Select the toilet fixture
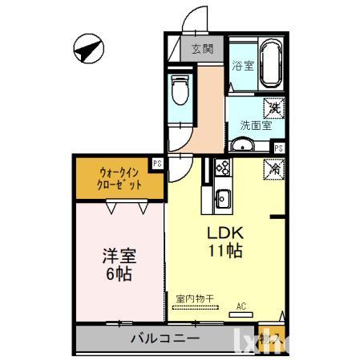pyautogui.click(x=180, y=91)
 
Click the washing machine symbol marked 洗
pyautogui.click(x=274, y=107)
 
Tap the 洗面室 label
pyautogui.click(x=255, y=125)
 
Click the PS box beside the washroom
pyautogui.click(x=279, y=148)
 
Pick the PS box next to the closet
pyautogui.click(x=158, y=163)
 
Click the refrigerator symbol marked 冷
pyautogui.click(x=274, y=169)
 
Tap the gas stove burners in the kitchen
pyautogui.click(x=222, y=168)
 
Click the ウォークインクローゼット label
pyautogui.click(x=119, y=177)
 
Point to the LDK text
pyautogui.click(x=225, y=233)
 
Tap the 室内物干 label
pyautogui.click(x=195, y=298)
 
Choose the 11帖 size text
pyautogui.click(x=225, y=250)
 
